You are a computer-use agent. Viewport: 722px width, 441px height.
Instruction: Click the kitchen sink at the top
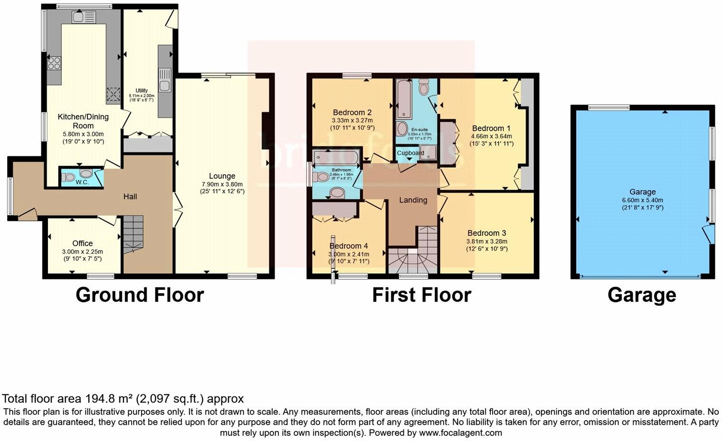tap(84, 17)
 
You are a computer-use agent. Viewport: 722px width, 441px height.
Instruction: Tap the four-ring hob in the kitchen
tap(54, 63)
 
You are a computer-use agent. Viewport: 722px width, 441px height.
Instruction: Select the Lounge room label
tap(222, 176)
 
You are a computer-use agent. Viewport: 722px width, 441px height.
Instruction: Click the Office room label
tap(82, 243)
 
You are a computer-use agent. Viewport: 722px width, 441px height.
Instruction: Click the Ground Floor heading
tap(140, 295)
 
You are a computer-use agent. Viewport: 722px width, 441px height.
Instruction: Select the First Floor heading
tap(421, 295)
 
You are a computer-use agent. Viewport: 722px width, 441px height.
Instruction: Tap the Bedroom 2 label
tap(352, 113)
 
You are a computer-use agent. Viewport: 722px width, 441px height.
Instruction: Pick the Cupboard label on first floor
tap(410, 153)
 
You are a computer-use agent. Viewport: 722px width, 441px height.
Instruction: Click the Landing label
tap(413, 200)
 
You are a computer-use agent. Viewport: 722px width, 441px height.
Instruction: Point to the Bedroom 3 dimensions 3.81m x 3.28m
tap(486, 241)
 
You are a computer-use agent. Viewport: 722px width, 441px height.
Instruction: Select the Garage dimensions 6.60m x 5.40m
tap(642, 200)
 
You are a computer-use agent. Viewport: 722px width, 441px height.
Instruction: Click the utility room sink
tap(165, 80)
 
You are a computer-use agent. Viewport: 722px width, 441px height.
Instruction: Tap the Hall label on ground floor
tap(130, 196)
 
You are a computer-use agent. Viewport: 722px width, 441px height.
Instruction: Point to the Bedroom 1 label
tap(491, 128)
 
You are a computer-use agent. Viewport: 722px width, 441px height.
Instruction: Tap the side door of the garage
tap(708, 233)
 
